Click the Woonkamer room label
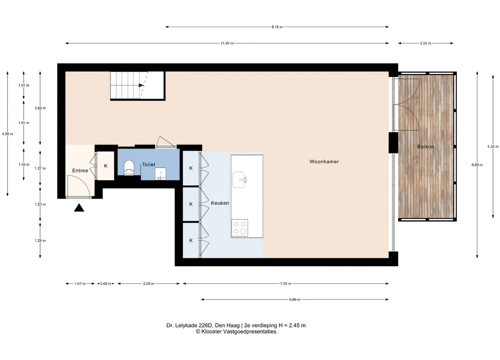[x=324, y=161]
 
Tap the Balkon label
[x=425, y=147]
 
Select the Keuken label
[x=220, y=203]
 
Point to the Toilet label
[x=148, y=165]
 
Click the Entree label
[x=80, y=171]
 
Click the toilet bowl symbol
[x=128, y=167]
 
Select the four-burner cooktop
[x=240, y=228]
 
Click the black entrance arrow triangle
[x=79, y=208]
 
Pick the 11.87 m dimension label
[x=227, y=43]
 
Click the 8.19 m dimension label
[x=277, y=27]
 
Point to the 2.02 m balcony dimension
[x=425, y=43]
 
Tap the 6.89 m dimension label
[x=295, y=299]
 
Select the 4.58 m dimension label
[x=7, y=134]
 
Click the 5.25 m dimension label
[x=493, y=147]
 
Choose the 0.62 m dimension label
[x=106, y=284]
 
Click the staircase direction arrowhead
[x=141, y=86]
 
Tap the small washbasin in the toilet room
[x=160, y=174]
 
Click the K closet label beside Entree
[x=106, y=166]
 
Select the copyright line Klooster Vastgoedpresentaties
[x=236, y=332]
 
